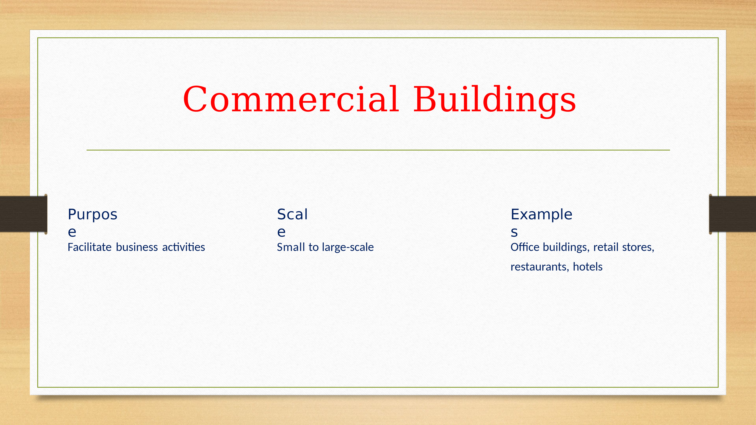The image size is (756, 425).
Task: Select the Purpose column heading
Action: pos(92,223)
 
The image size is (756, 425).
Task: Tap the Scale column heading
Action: pos(292,223)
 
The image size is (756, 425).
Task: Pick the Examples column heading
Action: pos(542,223)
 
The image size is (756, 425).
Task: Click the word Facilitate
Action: pos(89,247)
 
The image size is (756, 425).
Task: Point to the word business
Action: pos(137,247)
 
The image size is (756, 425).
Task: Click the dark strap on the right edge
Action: pos(732,214)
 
